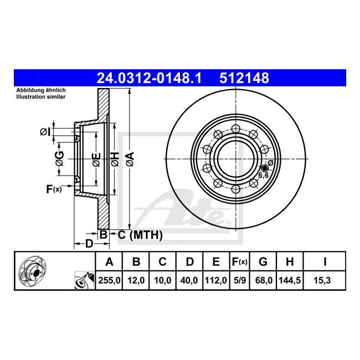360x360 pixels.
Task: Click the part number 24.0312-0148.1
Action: pos(149,78)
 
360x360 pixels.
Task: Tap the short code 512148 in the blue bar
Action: pos(244,78)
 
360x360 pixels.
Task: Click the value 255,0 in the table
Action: pos(109,280)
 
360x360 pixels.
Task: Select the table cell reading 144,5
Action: pos(290,280)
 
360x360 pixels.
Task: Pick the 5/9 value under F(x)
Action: pos(240,280)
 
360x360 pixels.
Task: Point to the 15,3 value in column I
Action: pos(322,280)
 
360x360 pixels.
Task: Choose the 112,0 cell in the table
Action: pos(216,280)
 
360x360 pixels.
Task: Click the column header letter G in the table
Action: pos(263,262)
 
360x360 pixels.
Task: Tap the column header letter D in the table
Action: pos(189,262)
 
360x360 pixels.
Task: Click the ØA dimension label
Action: pos(130,159)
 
